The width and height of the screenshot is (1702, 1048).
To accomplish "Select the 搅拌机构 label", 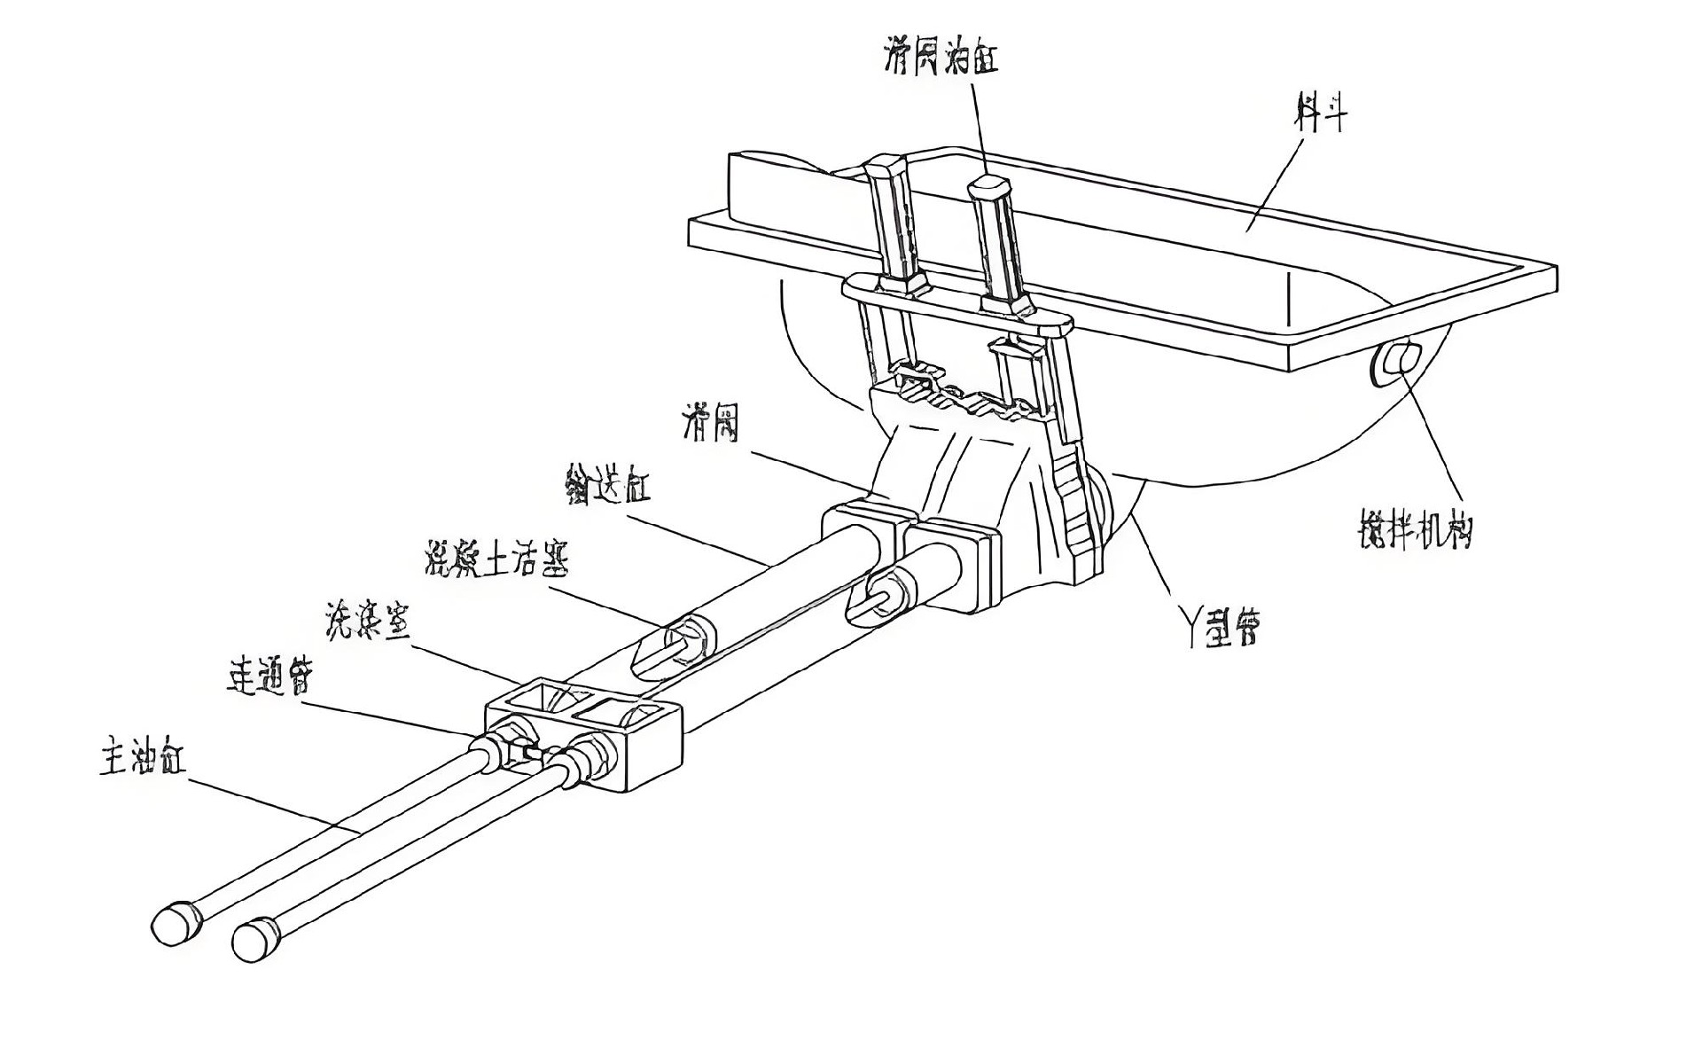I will [1416, 529].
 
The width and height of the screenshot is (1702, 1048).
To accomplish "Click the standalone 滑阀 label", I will [710, 424].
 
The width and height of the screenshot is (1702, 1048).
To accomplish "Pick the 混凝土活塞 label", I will [496, 558].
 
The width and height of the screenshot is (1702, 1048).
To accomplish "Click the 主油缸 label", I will [142, 760].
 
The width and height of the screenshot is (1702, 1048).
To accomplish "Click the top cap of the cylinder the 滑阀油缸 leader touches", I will [989, 188].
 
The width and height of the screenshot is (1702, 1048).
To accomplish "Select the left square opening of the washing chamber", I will [536, 697].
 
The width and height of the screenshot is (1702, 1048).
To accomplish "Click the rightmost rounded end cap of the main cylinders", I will [255, 940].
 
